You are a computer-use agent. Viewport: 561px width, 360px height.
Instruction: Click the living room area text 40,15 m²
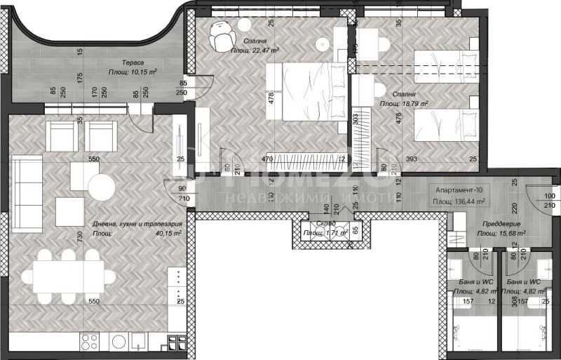pyautogui.click(x=168, y=233)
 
